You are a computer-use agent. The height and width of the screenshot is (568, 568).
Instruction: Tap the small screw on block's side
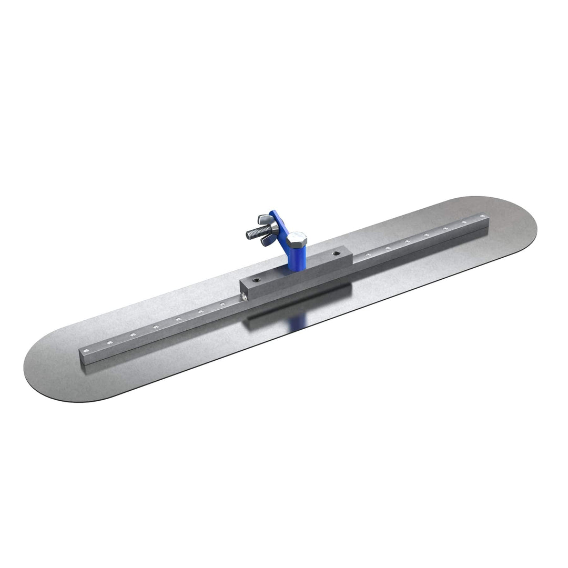[244, 298]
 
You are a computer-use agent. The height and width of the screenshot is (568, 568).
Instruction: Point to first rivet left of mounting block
[222, 303]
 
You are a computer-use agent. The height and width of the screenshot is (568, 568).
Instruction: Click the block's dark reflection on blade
[295, 305]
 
